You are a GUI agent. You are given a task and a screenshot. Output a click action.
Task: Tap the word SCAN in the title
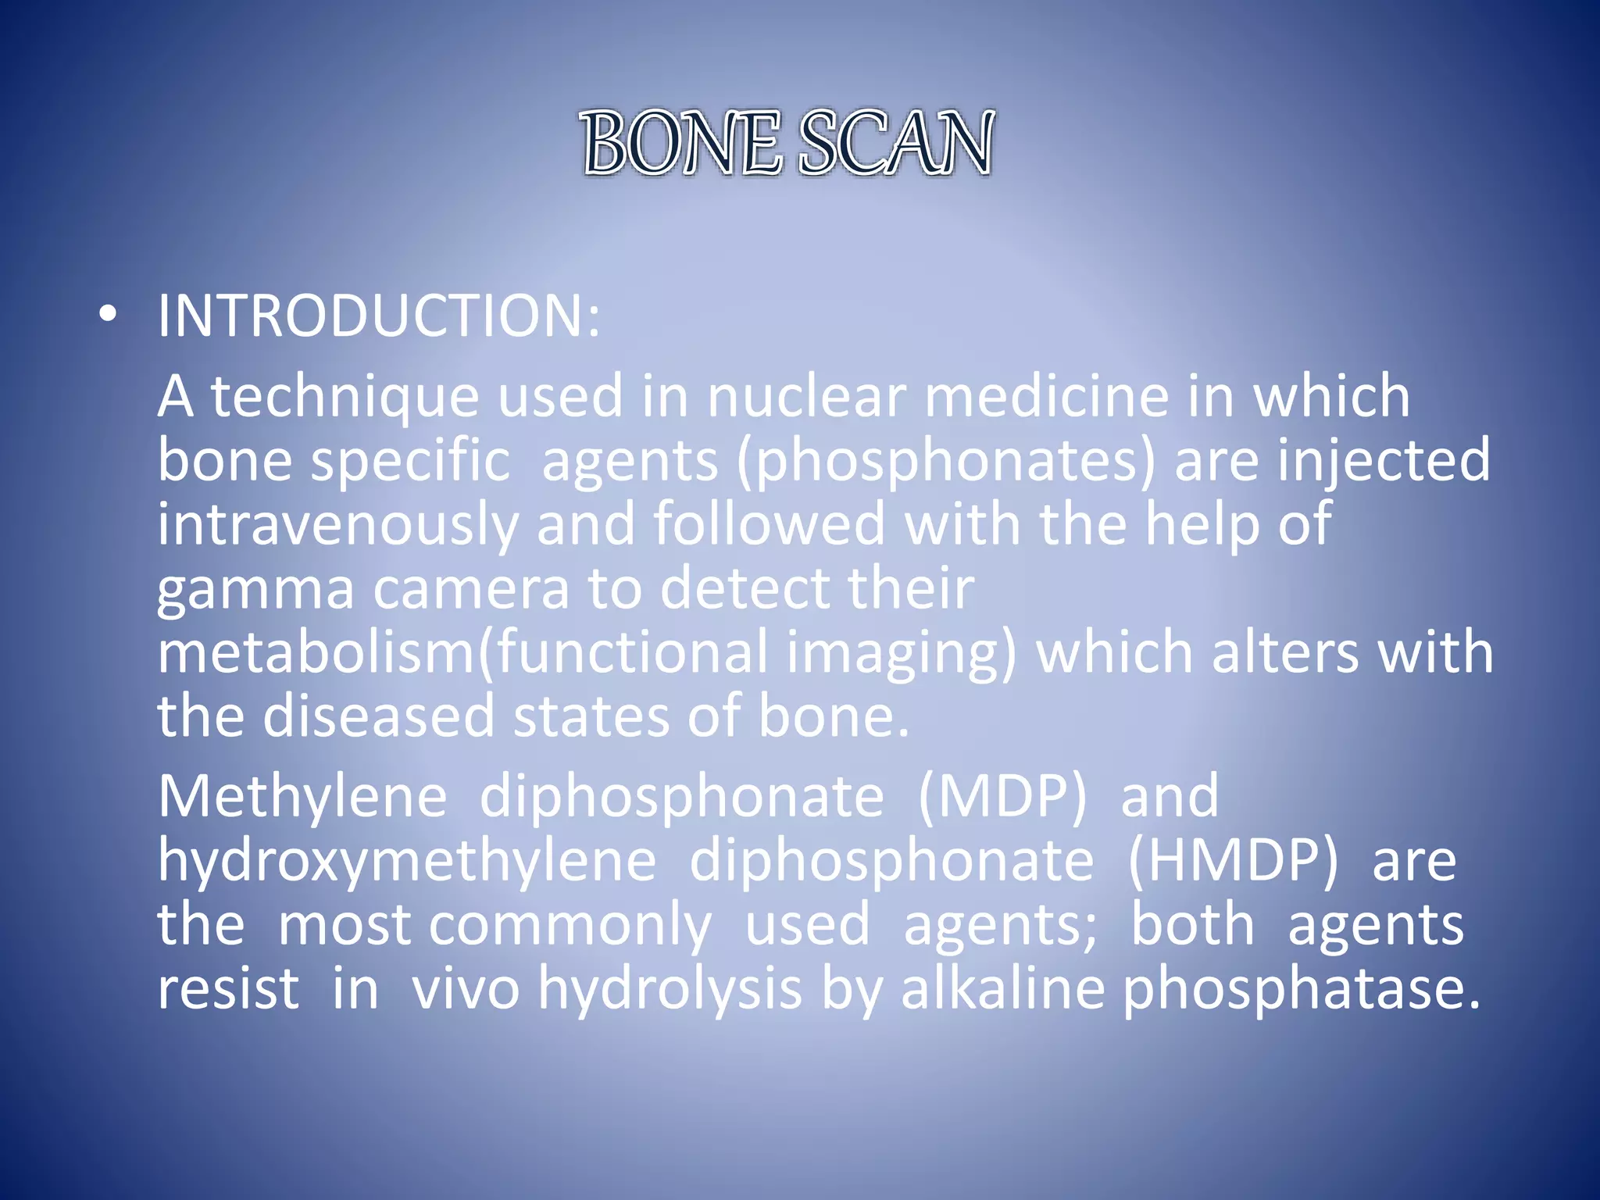(896, 143)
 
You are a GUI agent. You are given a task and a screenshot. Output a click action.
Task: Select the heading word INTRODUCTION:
(379, 316)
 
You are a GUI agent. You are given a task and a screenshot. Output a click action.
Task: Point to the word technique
(345, 397)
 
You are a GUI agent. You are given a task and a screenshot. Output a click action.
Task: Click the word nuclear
(806, 397)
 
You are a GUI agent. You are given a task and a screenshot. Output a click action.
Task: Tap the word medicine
(1047, 397)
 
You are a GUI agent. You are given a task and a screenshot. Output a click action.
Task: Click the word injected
(1384, 461)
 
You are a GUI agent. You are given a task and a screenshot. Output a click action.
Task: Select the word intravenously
(337, 525)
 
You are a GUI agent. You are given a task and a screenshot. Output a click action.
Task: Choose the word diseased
(379, 717)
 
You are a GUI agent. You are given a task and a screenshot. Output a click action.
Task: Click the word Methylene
(302, 798)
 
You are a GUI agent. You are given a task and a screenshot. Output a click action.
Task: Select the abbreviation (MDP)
(1002, 798)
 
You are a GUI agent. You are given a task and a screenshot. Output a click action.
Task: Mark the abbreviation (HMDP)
(1233, 862)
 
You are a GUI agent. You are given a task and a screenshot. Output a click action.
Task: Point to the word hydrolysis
(670, 990)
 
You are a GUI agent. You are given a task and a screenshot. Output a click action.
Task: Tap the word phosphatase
(1300, 990)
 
